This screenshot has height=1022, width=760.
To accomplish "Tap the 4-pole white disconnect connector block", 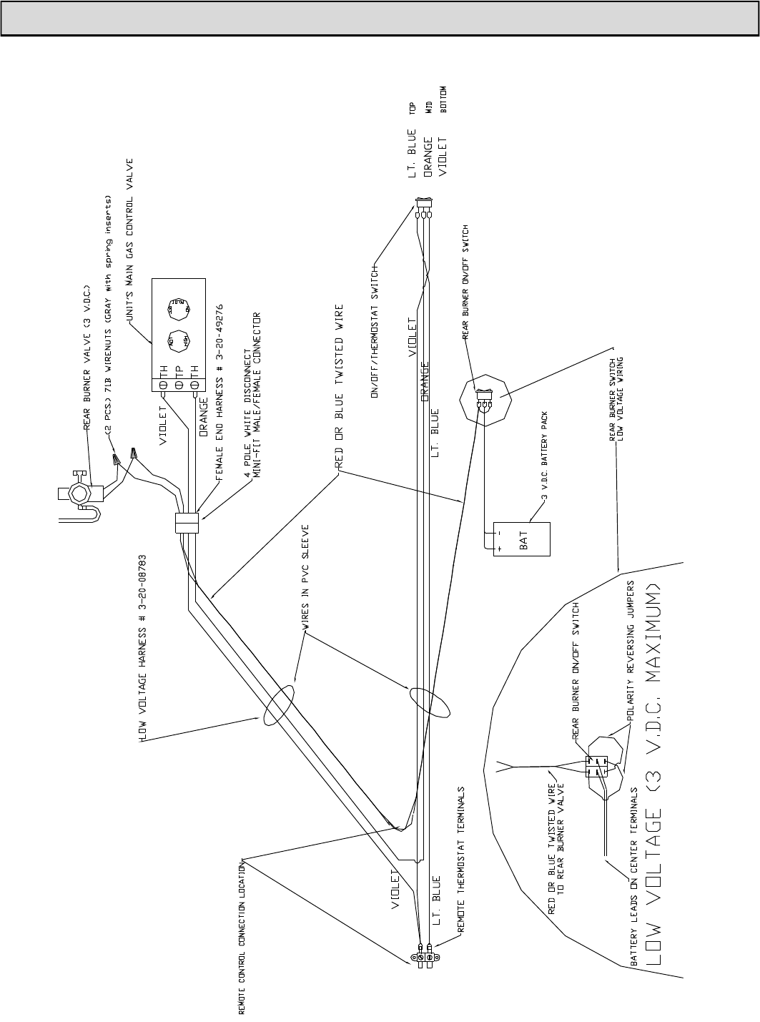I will click(x=187, y=522).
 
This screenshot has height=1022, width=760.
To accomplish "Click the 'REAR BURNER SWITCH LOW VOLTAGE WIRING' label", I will click(x=616, y=400).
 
